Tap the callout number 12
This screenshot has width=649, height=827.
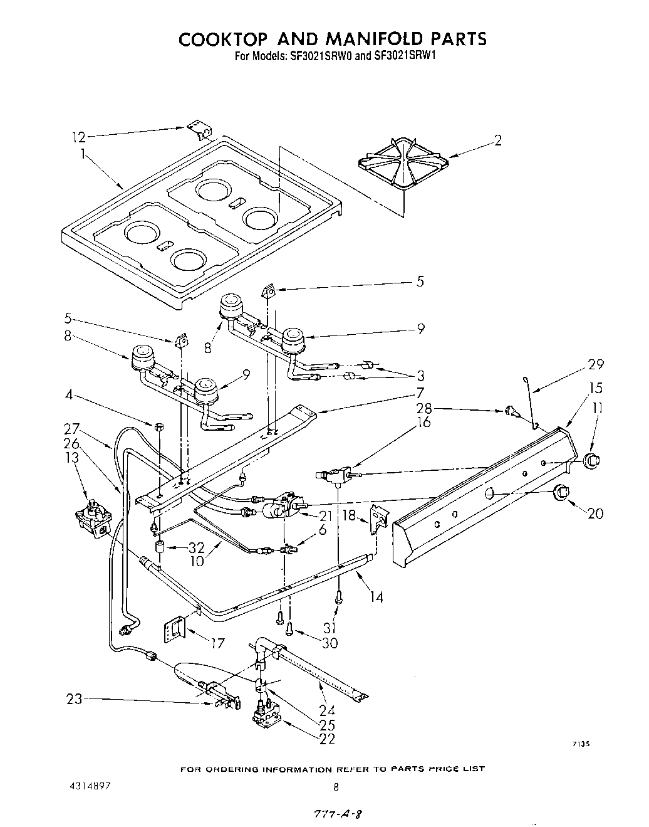(x=78, y=136)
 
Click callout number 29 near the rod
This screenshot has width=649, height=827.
(x=595, y=364)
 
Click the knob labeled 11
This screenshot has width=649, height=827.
(x=590, y=460)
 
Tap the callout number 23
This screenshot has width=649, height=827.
(x=75, y=698)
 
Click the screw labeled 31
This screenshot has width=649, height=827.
(x=339, y=597)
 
